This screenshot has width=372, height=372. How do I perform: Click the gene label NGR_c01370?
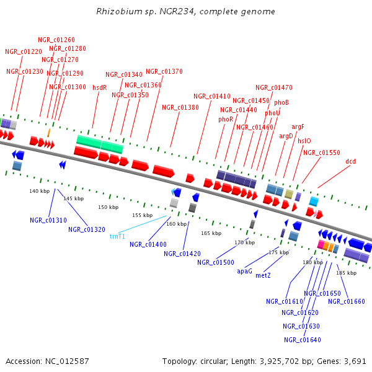coord(164,71)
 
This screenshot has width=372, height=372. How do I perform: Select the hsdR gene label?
coord(100,88)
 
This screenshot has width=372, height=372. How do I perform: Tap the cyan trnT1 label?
coord(117,236)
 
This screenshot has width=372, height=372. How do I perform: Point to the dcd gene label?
coord(351,161)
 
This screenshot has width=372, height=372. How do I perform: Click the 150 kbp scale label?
coord(108,206)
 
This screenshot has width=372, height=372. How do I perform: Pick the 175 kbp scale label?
coord(278,252)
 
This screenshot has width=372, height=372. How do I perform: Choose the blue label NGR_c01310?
coord(48,220)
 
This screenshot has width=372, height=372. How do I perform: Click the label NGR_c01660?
coord(347,301)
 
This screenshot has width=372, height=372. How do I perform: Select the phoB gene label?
coord(281,102)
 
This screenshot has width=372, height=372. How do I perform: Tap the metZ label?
coord(263,275)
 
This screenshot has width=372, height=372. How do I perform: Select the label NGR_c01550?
coord(322,153)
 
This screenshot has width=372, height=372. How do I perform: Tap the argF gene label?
coord(298,126)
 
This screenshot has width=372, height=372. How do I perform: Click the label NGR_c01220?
coord(24,51)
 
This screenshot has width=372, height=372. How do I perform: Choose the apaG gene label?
coord(245,271)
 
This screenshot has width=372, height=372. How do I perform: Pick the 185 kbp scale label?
coord(346,273)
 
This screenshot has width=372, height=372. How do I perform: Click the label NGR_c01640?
coord(303,340)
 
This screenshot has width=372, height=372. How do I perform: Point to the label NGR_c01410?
coord(212,96)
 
